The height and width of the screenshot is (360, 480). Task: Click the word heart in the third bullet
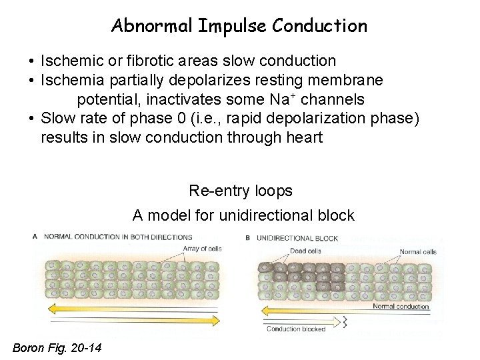303,138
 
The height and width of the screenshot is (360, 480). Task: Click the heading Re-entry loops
241,191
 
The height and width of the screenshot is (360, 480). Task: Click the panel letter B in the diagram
248,238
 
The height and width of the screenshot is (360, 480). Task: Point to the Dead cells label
305,251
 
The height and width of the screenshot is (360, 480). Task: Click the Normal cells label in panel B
418,252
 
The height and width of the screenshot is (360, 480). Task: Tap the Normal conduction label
401,307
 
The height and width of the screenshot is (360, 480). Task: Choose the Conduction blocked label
296,329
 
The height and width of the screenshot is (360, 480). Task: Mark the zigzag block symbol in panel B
345,322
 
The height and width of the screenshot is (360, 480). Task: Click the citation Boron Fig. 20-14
57,347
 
